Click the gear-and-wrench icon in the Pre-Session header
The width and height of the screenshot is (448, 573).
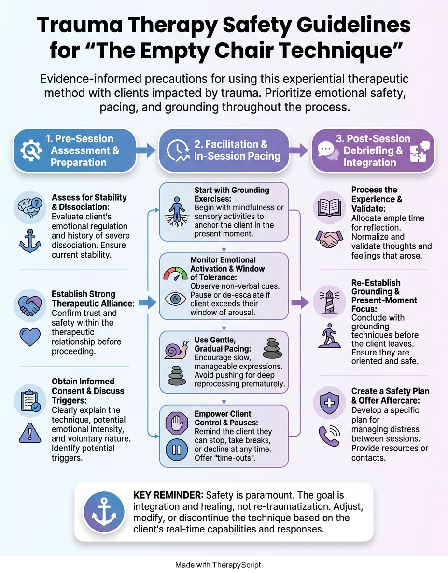31,150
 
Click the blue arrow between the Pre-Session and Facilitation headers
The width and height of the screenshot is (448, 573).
146,150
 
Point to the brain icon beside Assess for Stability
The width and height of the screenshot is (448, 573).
30,207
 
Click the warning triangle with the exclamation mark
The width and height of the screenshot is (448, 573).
30,433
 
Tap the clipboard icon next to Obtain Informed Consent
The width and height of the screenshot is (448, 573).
30,400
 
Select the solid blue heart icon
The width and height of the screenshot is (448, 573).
30,337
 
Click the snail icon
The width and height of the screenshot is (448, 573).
176,350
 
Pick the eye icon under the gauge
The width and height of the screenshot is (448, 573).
175,299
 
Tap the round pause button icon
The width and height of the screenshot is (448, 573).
177,449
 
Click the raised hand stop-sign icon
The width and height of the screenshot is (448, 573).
177,423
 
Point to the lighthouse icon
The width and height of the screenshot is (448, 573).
329,301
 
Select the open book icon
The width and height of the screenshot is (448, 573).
329,207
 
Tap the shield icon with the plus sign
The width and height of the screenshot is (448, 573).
329,403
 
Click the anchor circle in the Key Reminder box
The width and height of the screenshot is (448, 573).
104,512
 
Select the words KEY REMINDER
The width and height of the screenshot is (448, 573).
168,495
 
